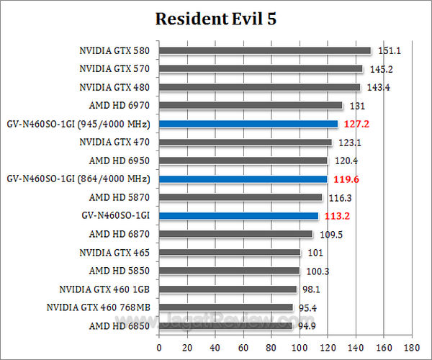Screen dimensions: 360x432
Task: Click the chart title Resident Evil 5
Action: pyautogui.click(x=216, y=19)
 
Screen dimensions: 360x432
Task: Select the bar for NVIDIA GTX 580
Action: pyautogui.click(x=265, y=50)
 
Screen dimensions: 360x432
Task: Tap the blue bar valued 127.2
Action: pyautogui.click(x=248, y=124)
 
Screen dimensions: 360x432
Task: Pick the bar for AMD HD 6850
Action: pyautogui.click(x=226, y=325)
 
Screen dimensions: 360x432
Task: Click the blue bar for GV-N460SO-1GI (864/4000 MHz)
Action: pyautogui.click(x=243, y=179)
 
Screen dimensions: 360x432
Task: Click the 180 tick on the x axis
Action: pyautogui.click(x=412, y=346)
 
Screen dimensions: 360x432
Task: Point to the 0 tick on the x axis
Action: pyautogui.click(x=159, y=346)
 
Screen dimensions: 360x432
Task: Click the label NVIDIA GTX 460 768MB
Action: pyautogui.click(x=98, y=307)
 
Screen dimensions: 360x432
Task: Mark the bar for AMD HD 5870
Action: pyautogui.click(x=240, y=197)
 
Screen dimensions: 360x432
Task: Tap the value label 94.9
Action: pyautogui.click(x=308, y=326)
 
